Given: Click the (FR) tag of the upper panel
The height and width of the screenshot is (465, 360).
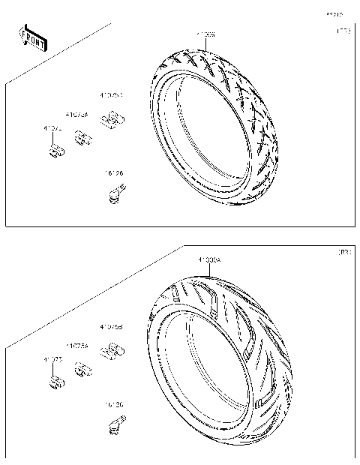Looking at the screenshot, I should point(342,32).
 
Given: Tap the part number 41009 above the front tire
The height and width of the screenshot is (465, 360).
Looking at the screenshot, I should point(206,35).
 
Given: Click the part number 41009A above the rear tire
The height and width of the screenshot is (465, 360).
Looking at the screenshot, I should point(208,259).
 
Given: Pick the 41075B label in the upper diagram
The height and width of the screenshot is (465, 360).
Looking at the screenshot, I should point(112,96).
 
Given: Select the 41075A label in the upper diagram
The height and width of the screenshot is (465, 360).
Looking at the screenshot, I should point(76,115).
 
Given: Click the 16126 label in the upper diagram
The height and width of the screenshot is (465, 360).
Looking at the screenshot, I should point(114,174).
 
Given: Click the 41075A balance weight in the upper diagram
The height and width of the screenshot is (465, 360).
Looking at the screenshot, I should point(82,136).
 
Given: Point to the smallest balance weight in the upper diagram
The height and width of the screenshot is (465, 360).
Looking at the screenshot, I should point(55,152).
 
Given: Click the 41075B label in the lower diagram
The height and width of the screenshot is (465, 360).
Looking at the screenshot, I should point(112,328).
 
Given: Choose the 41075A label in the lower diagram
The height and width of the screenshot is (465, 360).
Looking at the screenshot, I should point(76,346).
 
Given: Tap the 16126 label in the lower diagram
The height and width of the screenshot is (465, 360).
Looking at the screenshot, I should point(114,404).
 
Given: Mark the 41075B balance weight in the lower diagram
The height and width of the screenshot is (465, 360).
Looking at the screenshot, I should point(112,349).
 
